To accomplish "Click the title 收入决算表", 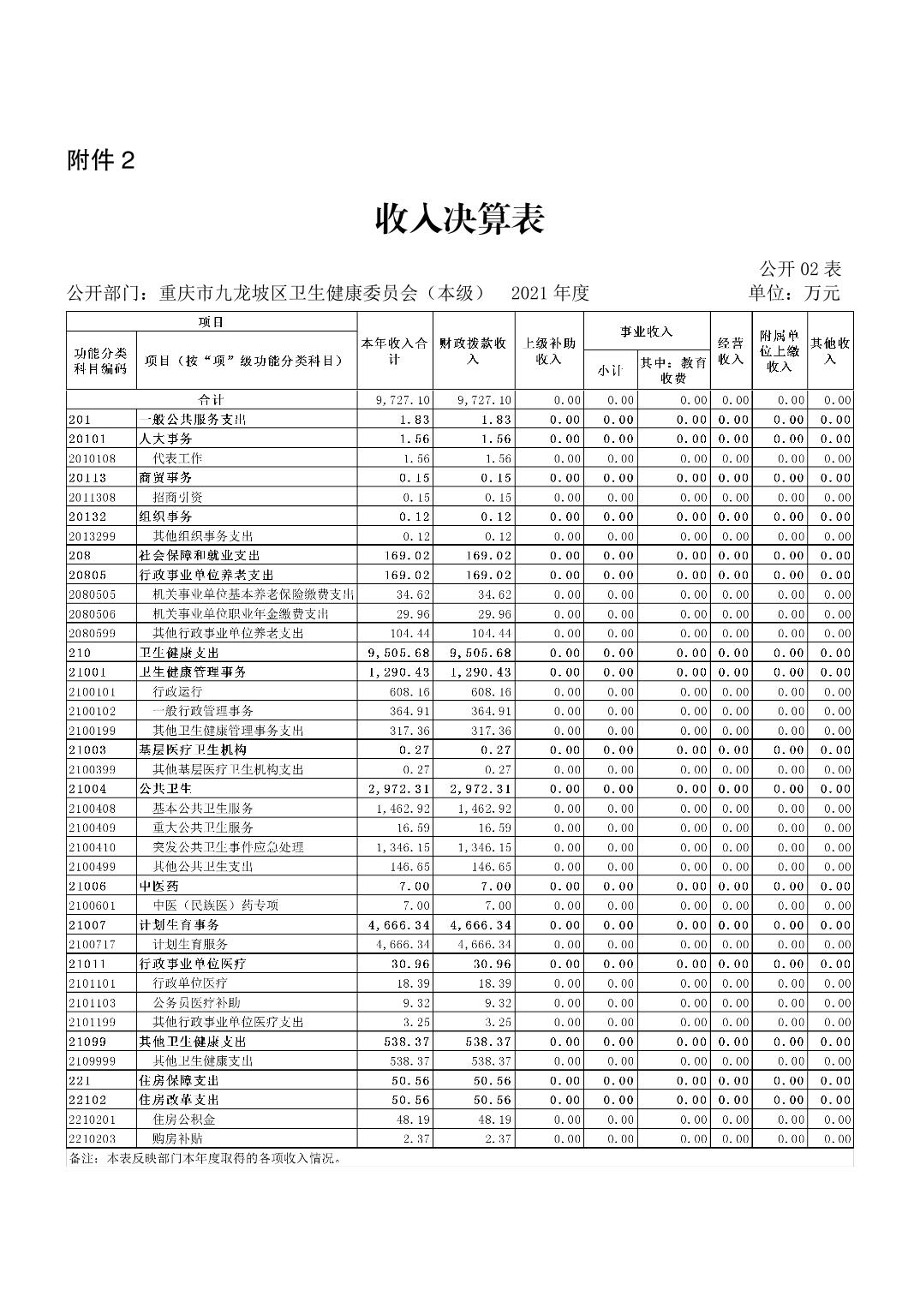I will coord(459,220).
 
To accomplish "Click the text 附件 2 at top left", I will coord(101,160).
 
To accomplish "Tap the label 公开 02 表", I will coord(800,268).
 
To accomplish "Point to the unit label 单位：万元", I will coord(794,293).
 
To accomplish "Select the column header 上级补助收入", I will coord(548,351).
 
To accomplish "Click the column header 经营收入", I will coord(730,351).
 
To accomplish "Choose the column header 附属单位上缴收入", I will coord(779,351).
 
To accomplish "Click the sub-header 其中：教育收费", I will coord(673,370).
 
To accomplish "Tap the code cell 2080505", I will coord(92,594).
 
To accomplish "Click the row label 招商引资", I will coord(177,498).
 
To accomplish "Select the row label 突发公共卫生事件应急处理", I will coord(228,847).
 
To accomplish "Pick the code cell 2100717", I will coord(92,945).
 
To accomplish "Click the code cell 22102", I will coord(87,1100).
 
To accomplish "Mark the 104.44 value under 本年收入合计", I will coord(409,634).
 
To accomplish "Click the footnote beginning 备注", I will coord(206,1159).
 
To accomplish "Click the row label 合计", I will coord(212,400).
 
